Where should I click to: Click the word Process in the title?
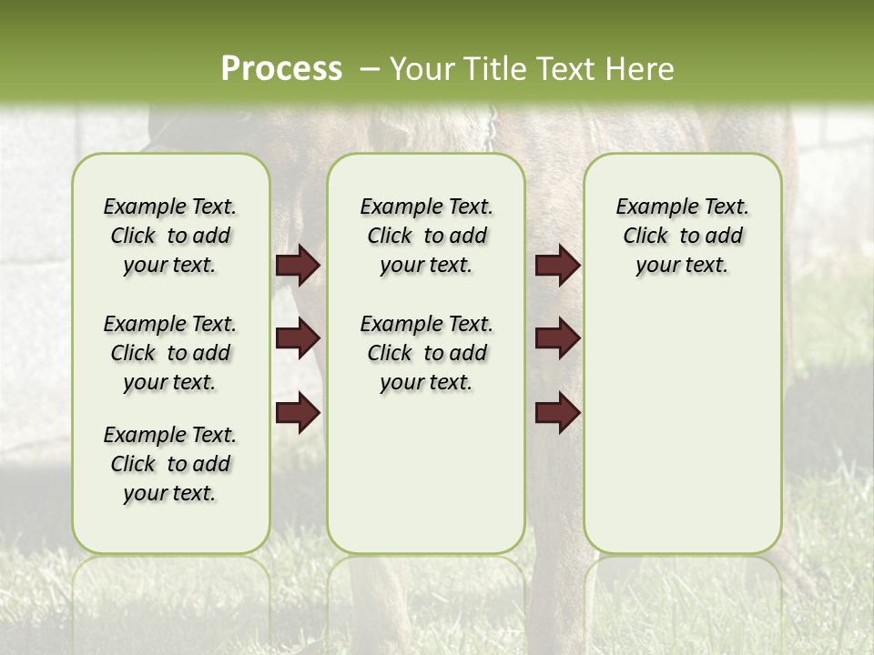coord(281,68)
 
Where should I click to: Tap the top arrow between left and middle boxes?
coord(298,266)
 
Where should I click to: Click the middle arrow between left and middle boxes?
coord(298,338)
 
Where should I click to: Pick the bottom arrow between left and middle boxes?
coord(298,412)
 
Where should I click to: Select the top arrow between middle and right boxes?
coord(557,266)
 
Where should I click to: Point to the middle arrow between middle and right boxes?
coord(557,338)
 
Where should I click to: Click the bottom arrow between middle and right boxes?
coord(557,412)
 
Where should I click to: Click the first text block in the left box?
coord(170,236)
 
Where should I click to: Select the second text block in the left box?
coord(170,353)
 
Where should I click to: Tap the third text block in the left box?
coord(170,464)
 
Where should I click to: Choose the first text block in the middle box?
coord(426,236)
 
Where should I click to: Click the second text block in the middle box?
coord(426,353)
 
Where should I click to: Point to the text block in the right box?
coord(683,236)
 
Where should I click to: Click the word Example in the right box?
coord(650,207)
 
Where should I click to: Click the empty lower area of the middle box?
coord(426,473)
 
